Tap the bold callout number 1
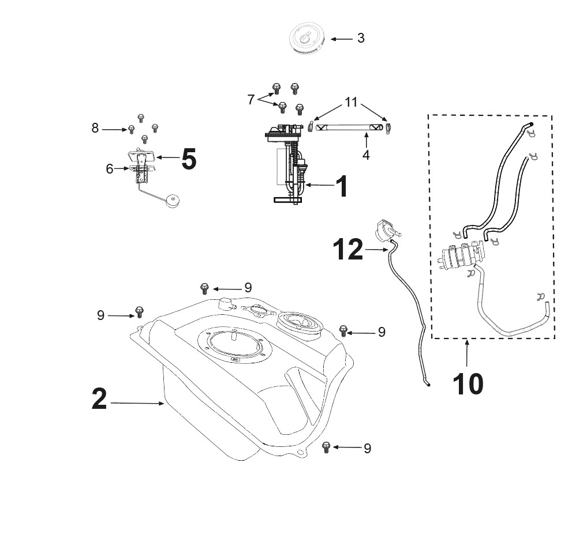[342, 186]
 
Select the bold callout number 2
[99, 399]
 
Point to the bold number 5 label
[189, 159]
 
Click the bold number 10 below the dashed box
[468, 384]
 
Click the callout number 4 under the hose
[366, 155]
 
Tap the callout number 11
[352, 102]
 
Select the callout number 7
[251, 100]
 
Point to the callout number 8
[95, 128]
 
